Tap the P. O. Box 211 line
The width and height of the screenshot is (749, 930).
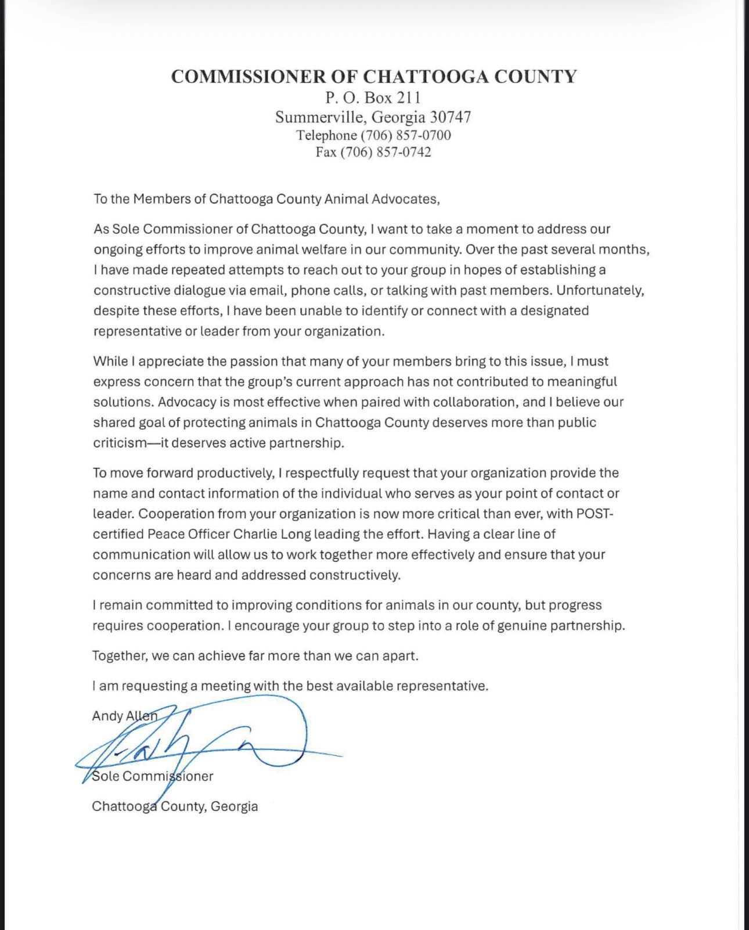pyautogui.click(x=373, y=97)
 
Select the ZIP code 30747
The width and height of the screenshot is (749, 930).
pyautogui.click(x=450, y=117)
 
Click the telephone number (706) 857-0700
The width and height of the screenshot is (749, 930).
pyautogui.click(x=406, y=135)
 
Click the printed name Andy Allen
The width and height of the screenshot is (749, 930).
pyautogui.click(x=124, y=716)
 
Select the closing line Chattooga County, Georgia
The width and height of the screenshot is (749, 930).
pyautogui.click(x=175, y=806)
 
